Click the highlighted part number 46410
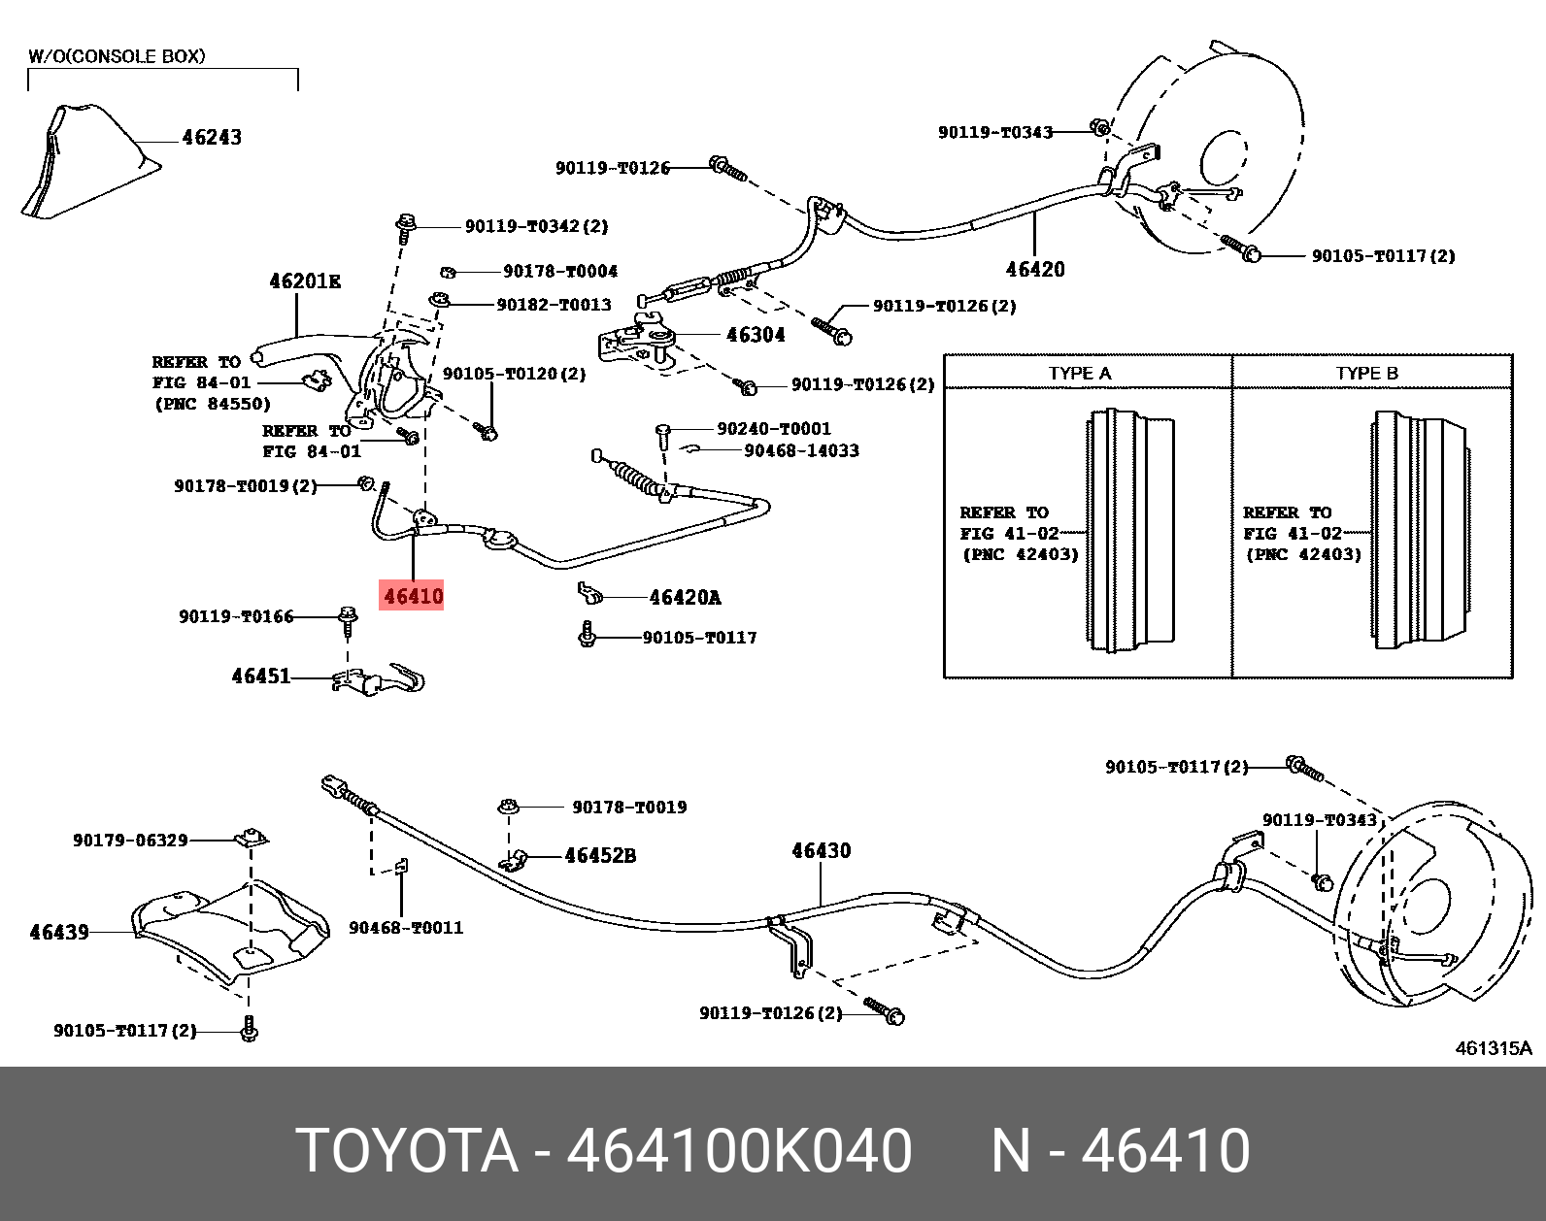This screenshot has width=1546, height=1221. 413,596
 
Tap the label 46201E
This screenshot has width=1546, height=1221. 305,281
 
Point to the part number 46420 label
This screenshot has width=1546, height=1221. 1035,270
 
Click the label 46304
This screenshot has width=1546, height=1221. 756,335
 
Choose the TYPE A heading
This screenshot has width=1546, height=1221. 1080,374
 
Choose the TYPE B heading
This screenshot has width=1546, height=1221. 1366,374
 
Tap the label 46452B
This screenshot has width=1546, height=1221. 600,856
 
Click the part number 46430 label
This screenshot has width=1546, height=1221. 821,851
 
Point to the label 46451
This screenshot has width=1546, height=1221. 261,676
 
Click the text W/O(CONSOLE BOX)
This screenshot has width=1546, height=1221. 117,56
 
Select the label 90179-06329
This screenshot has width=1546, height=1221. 130,841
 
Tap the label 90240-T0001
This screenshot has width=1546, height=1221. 774,429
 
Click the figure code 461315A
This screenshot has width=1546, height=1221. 1493,1048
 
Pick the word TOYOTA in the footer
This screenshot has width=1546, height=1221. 406,1151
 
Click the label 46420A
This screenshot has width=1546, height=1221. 685,598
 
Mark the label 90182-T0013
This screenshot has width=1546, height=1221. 554,305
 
